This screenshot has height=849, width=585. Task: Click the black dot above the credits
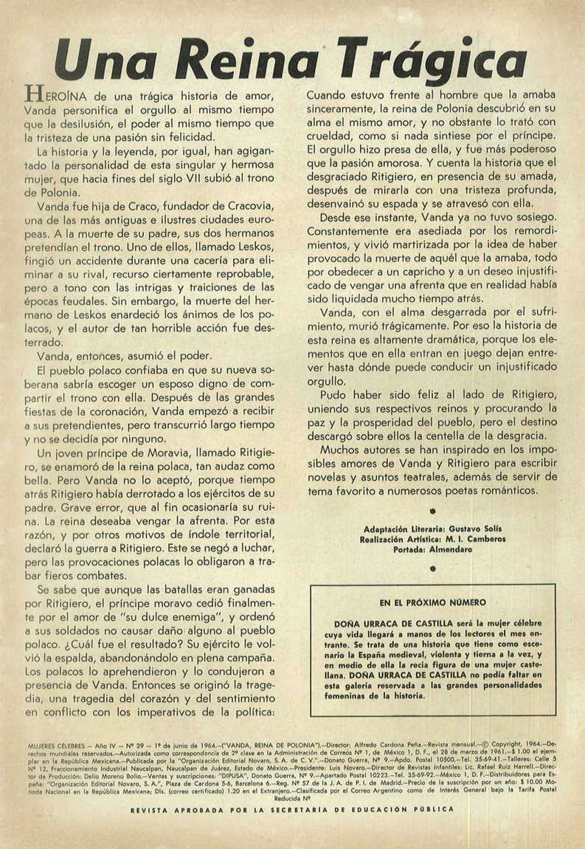[433, 511]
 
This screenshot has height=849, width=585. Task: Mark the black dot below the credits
[433, 568]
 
